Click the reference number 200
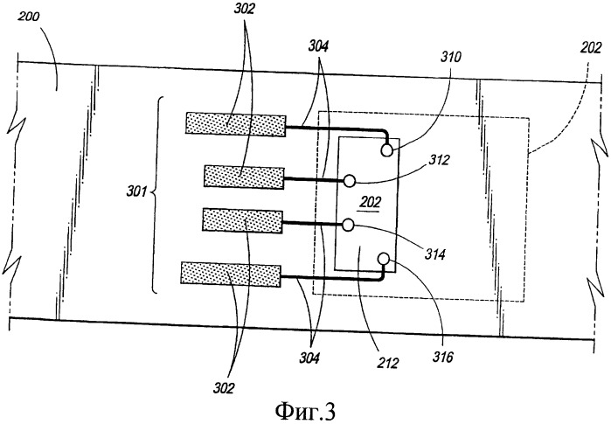29,17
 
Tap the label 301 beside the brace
136,191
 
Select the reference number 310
451,57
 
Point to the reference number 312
440,160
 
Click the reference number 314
435,255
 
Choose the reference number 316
442,357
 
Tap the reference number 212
388,363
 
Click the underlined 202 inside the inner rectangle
371,203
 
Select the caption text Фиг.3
305,411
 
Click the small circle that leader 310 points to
387,150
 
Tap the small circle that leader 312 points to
349,180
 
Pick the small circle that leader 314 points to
348,225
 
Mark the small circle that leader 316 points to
384,258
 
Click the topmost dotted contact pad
236,124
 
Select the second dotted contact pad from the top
245,177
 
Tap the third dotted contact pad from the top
242,220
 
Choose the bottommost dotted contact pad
231,275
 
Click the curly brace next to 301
156,195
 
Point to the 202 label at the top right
591,48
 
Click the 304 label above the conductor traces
318,46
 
